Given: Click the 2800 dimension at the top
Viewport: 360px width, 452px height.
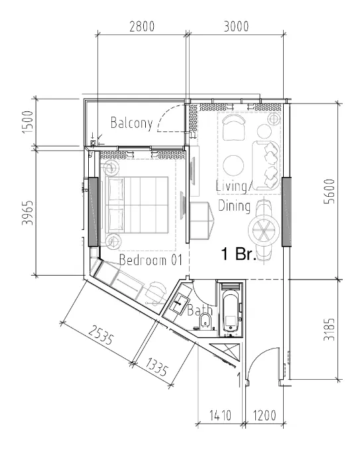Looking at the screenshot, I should tap(141, 27).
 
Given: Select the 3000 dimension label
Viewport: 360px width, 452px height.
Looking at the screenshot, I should tap(236, 27).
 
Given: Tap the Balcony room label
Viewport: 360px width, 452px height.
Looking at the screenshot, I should tap(131, 123).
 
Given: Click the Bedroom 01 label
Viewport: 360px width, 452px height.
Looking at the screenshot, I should tap(150, 260).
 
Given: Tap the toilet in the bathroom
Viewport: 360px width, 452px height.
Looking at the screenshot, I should tap(206, 323).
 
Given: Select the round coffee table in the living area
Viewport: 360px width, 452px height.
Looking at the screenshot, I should tap(233, 164).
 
